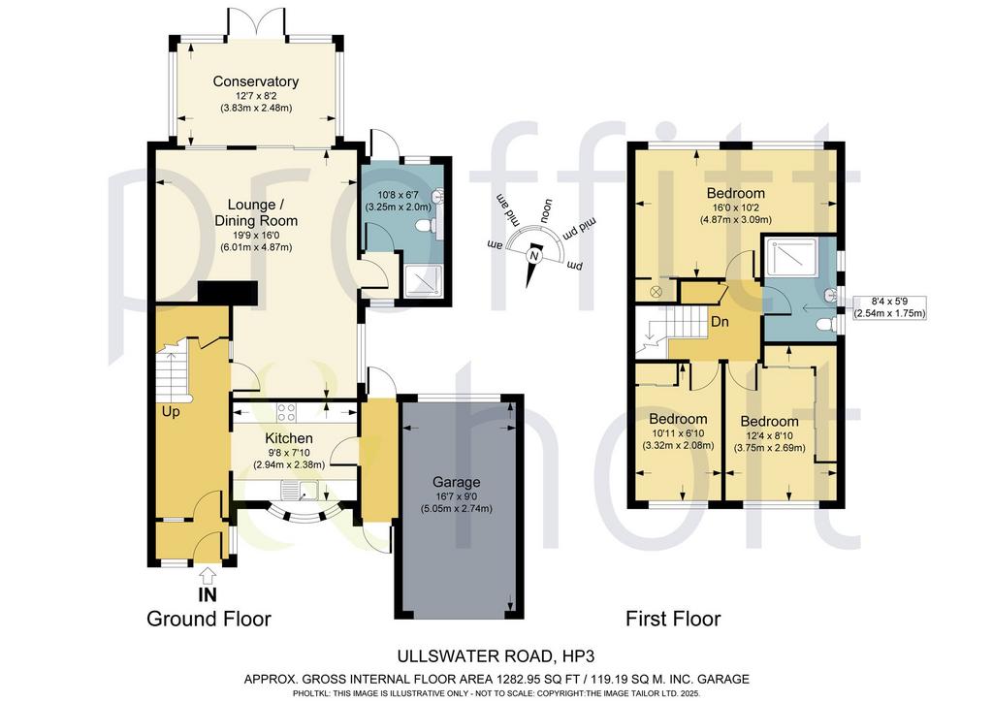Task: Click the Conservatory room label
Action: [255, 81]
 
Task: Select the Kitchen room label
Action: [289, 438]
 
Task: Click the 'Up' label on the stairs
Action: [171, 412]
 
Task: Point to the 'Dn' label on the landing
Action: [720, 322]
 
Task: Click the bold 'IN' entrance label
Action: [208, 595]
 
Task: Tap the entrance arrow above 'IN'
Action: [208, 576]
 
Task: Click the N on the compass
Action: [534, 256]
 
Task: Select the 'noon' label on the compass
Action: [545, 210]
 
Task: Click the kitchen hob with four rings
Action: [286, 412]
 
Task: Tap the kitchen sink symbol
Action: [300, 490]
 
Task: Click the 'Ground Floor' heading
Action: [209, 619]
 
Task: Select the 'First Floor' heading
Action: [673, 619]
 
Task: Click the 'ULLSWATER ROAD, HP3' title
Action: [496, 656]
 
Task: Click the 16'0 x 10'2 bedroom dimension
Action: [736, 207]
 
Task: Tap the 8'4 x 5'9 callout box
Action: [890, 307]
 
